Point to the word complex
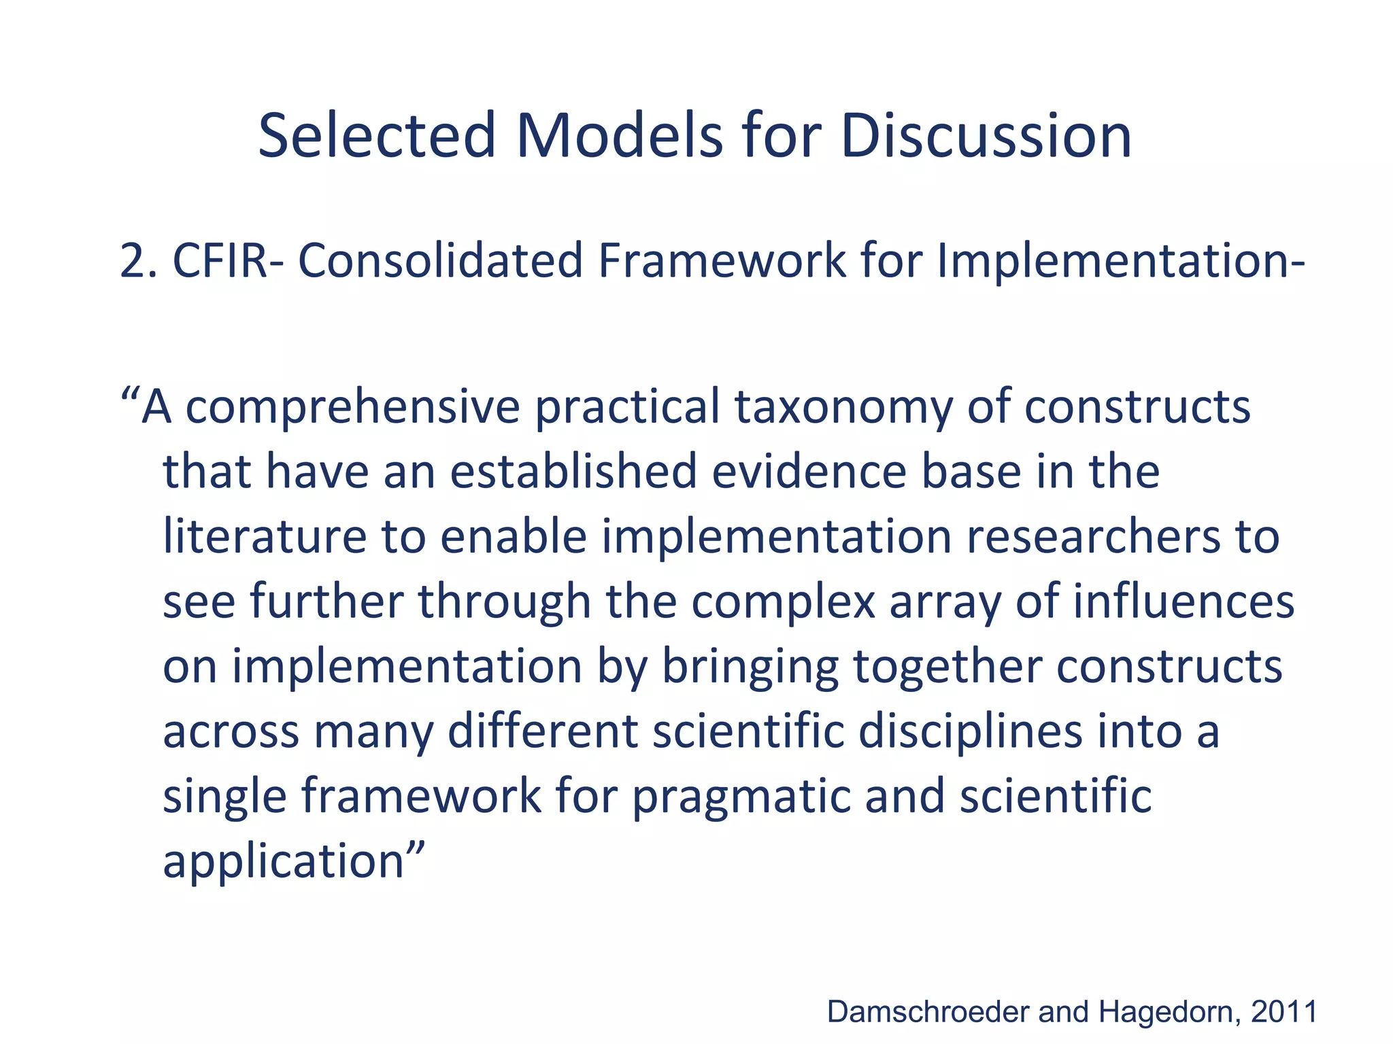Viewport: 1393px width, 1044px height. click(x=783, y=602)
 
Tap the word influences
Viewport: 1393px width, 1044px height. click(x=1184, y=602)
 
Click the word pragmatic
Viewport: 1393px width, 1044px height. click(x=741, y=797)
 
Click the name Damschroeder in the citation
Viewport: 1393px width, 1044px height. click(x=928, y=1012)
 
